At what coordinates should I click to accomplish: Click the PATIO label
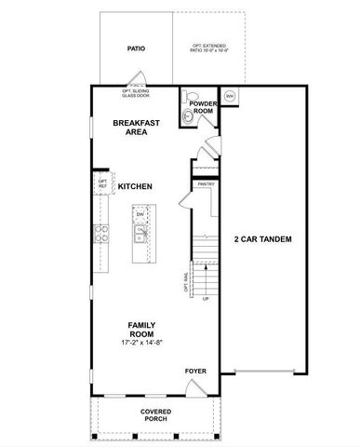pos(135,47)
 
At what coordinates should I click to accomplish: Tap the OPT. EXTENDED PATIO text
pos(210,47)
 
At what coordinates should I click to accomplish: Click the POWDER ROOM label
pos(203,107)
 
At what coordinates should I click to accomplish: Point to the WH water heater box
pos(230,96)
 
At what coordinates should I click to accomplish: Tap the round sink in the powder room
pos(189,116)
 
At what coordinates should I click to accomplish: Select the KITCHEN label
pos(135,187)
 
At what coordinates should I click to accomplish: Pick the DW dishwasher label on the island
pos(140,215)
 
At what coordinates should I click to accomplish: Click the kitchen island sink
pos(140,234)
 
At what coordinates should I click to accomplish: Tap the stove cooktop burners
pos(102,234)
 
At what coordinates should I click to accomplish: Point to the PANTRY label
pos(206,184)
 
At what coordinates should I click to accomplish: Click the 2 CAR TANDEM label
pos(262,239)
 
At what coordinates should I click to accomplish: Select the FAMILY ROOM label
pos(141,330)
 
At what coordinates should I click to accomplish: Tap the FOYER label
pos(195,371)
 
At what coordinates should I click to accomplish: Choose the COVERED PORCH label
pos(155,414)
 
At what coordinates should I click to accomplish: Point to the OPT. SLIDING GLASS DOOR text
pos(137,91)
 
